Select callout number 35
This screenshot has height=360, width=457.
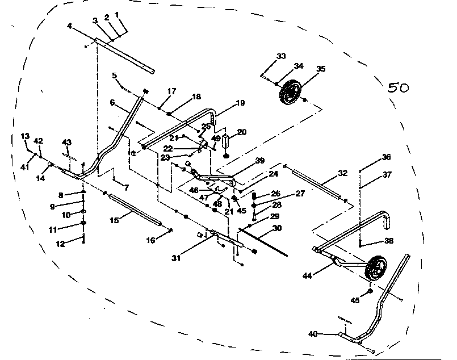click(321, 69)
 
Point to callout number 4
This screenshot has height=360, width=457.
click(69, 26)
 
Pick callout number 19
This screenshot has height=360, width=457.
click(240, 103)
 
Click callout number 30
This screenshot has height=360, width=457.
click(276, 228)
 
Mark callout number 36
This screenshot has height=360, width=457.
click(386, 157)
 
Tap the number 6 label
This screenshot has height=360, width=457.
click(112, 103)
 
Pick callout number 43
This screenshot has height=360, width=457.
click(67, 141)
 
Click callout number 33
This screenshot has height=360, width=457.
click(281, 56)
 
